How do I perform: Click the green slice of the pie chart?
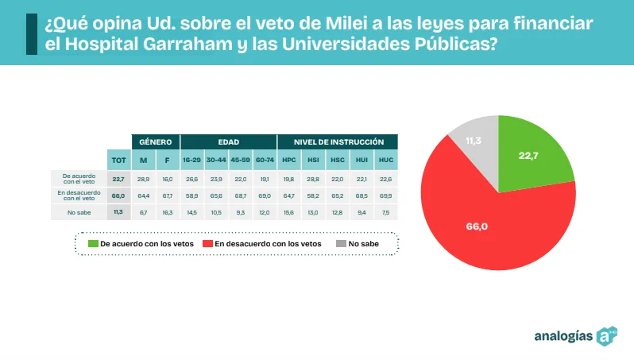532,155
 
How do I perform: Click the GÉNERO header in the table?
156,141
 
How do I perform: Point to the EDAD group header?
228,141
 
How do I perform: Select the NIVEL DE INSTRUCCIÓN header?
338,141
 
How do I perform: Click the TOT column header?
119,160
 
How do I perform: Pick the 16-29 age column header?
191,160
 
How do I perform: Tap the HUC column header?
386,160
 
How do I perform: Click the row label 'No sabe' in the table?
79,212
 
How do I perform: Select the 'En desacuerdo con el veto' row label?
79,195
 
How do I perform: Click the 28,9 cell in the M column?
144,178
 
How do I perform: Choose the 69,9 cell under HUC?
386,195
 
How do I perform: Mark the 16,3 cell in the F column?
168,212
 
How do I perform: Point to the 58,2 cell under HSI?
313,195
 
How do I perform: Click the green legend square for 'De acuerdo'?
93,243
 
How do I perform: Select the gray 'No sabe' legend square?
341,243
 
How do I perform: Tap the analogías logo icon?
608,335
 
